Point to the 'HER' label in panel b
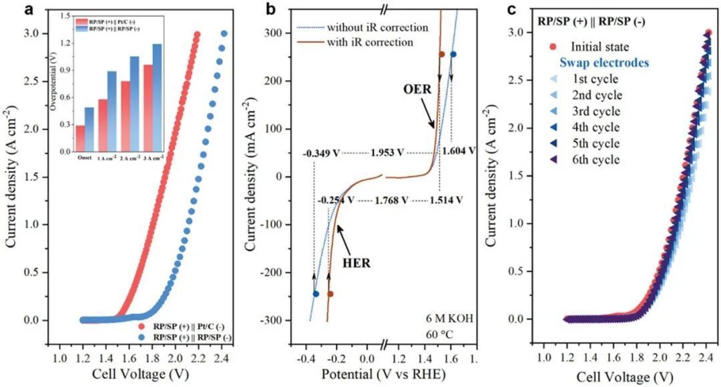click(357, 263)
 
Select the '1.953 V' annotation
click(387, 152)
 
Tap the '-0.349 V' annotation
click(321, 152)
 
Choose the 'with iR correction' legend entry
click(370, 43)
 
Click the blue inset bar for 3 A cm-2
click(158, 98)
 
